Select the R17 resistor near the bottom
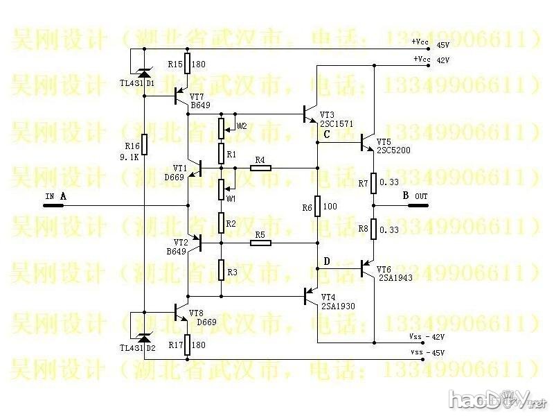pos(188,345)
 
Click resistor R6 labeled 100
pos(317,207)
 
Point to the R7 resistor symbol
pos(373,184)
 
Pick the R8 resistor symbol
pos(373,228)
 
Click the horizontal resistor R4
pos(260,168)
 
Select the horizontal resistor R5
pos(260,243)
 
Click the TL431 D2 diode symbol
pos(144,338)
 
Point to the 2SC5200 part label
pos(393,150)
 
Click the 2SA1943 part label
pos(395,277)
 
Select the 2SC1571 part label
pos(336,123)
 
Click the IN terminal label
pos(49,197)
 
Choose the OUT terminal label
pos(421,196)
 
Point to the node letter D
pos(327,261)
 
